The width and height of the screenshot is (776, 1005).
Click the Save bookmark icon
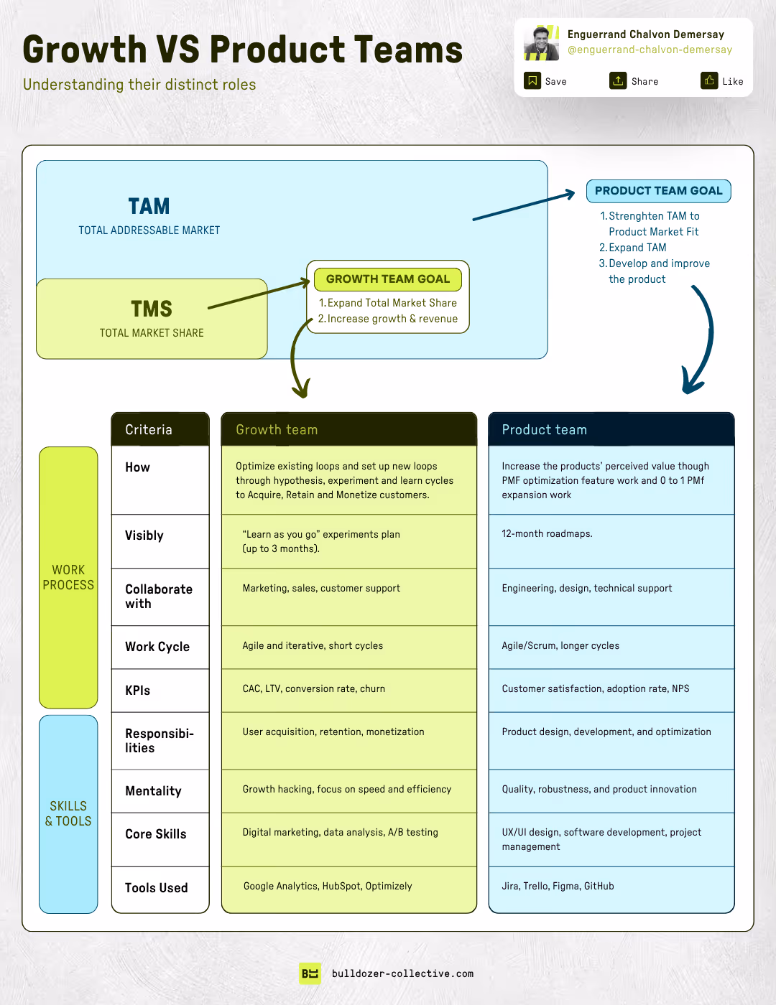[x=532, y=80]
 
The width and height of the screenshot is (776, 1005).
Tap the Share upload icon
[x=618, y=80]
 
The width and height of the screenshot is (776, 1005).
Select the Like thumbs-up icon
[x=709, y=80]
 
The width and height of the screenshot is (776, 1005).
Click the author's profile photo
[x=541, y=43]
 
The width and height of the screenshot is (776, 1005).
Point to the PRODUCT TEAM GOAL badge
[x=658, y=191]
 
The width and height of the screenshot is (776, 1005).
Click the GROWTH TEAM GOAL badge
[x=388, y=279]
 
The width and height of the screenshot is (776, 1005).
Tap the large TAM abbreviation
[x=149, y=207]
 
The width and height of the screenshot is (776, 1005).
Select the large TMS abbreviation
[x=152, y=309]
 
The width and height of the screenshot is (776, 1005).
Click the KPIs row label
[x=137, y=691]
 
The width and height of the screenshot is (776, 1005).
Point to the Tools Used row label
[x=156, y=888]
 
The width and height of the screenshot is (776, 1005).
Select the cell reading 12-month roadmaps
[x=547, y=534]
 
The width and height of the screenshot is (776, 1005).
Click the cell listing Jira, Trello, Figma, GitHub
[x=558, y=887]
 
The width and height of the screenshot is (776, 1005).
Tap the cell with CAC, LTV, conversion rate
[x=313, y=689]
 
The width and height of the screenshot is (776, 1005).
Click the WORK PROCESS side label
[x=68, y=577]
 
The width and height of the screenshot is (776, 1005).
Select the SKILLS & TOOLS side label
[x=68, y=813]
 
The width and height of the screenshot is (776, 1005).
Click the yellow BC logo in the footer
[x=310, y=973]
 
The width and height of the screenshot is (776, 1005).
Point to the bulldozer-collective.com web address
[x=402, y=974]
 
